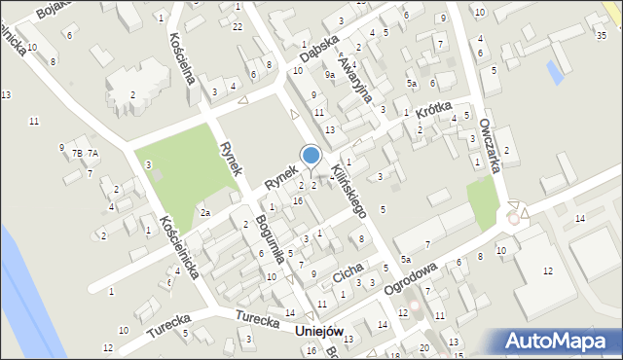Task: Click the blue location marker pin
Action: (x=311, y=156)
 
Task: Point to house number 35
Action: (x=601, y=36)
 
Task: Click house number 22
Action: (x=238, y=25)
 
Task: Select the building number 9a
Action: (x=330, y=74)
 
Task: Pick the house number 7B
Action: (x=76, y=154)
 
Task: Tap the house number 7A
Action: (x=92, y=154)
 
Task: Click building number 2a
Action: (x=204, y=212)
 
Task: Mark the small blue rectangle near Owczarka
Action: (x=555, y=71)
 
